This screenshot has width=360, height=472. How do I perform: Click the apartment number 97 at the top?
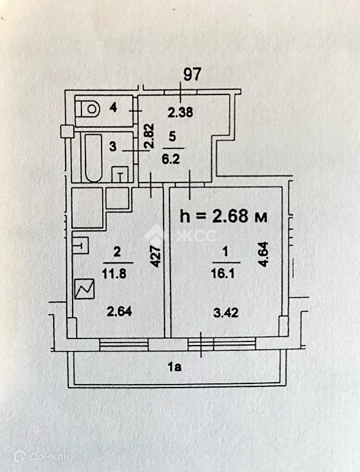[x=193, y=74]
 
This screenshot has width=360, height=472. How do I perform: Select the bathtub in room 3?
[x=94, y=158]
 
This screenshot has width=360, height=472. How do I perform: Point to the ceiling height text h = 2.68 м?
[x=222, y=216]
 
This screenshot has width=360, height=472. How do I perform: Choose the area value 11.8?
[x=117, y=274]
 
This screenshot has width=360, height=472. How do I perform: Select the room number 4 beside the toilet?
[x=113, y=108]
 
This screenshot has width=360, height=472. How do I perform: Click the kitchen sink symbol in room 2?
[x=81, y=243]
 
